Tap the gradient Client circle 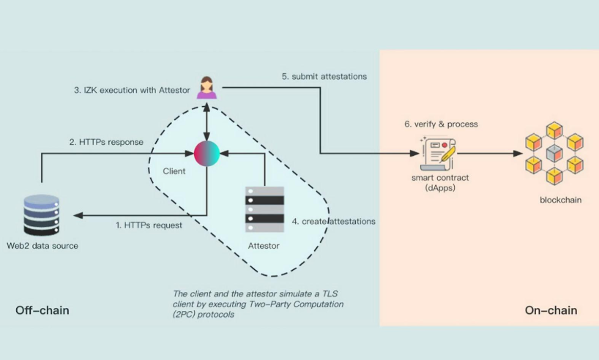point(207,153)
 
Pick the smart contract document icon point(438,152)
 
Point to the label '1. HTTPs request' point(149,225)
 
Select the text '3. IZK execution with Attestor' point(133,91)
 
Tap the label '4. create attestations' point(334,221)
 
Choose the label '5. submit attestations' point(324,76)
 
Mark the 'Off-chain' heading point(42,311)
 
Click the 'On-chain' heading point(551,311)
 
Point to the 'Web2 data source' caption point(42,246)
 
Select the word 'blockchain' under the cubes point(560,200)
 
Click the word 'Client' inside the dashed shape point(174,171)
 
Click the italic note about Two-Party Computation point(256,303)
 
